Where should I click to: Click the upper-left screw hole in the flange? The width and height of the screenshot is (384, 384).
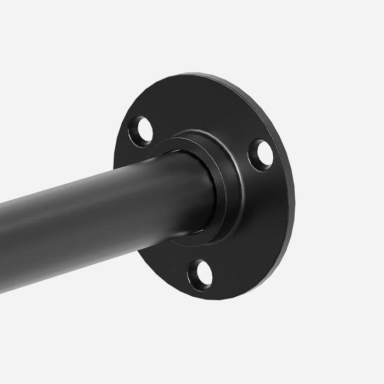coord(141,131)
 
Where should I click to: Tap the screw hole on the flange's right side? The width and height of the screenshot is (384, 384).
coord(261,154)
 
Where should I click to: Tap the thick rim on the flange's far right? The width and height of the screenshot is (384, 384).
coord(288,181)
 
